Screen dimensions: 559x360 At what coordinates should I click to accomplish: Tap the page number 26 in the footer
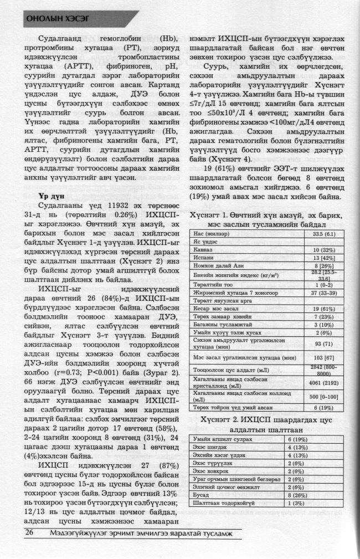point(30,533)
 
